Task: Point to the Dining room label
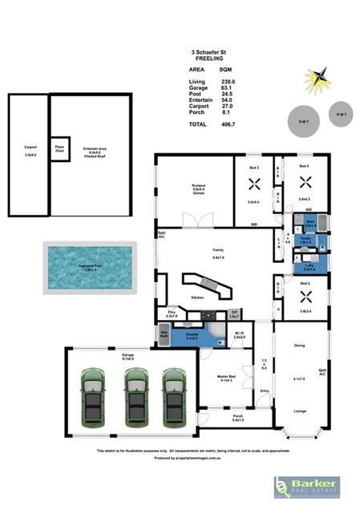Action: pos(301,346)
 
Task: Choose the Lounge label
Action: pos(300,411)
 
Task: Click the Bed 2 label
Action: pos(305,284)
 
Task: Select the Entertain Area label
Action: pos(96,148)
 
